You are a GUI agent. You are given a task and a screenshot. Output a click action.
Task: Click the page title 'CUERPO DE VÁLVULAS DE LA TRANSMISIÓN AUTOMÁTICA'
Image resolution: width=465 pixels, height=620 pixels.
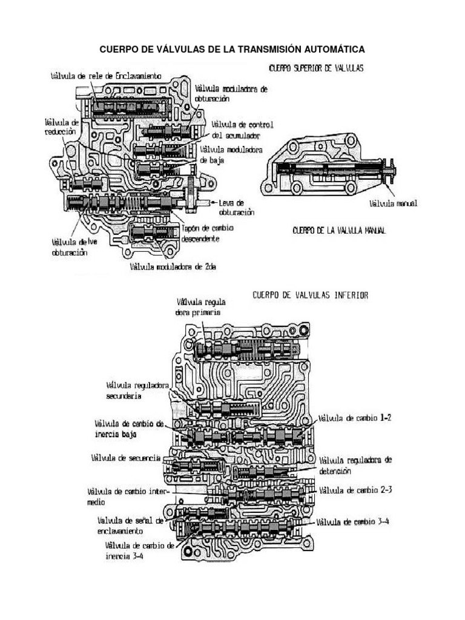232,48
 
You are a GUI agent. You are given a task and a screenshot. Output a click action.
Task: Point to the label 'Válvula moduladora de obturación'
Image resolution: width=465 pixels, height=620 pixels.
231,93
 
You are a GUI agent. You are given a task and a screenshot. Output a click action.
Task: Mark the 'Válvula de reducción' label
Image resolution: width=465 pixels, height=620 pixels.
60,126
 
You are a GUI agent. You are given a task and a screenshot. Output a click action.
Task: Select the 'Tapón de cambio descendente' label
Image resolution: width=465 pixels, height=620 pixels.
208,233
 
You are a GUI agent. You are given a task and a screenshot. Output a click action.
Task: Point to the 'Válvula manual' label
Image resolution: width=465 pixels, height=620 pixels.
394,203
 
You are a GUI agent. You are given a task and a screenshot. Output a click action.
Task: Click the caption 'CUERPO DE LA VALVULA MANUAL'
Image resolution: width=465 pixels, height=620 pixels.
339,230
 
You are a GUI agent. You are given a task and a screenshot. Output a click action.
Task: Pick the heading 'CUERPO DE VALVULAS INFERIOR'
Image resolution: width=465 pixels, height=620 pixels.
311,295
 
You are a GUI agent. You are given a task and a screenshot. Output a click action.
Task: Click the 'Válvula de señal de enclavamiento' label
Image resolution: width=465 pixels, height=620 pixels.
130,524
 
